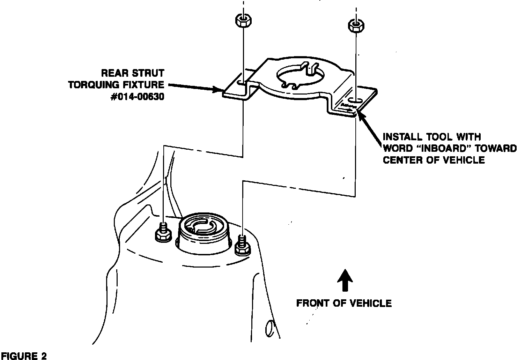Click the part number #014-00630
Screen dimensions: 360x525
(137, 97)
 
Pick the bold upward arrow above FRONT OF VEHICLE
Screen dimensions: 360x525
(345, 280)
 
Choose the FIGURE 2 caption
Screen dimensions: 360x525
(23, 356)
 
